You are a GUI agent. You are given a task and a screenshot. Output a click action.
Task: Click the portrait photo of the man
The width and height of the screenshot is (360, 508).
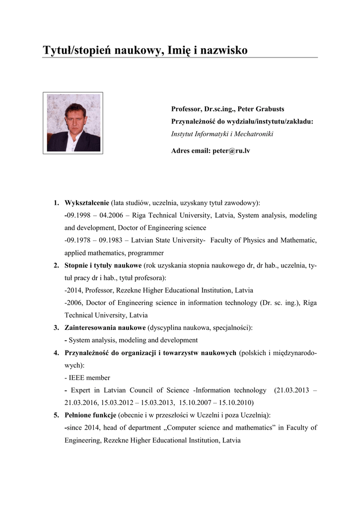[73, 123]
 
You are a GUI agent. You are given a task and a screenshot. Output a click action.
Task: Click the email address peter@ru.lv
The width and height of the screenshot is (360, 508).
[232, 150]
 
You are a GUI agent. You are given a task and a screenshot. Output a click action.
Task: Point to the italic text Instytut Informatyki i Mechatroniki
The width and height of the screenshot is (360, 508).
[222, 134]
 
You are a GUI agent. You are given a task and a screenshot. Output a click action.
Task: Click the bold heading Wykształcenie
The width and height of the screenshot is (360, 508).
[87, 203]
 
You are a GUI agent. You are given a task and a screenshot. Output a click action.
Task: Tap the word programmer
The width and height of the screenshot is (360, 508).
[147, 253]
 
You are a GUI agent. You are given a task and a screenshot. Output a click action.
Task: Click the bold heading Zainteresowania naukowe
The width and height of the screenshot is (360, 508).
[105, 328]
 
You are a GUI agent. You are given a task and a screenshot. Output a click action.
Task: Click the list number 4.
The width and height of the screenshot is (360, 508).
[57, 353]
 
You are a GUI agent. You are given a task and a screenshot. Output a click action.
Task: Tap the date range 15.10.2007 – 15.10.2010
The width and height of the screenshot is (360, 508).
[216, 402]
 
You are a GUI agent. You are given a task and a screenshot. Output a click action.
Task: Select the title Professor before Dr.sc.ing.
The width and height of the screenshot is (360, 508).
[187, 109]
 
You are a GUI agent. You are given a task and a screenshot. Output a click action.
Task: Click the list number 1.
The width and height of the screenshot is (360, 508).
[57, 203]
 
